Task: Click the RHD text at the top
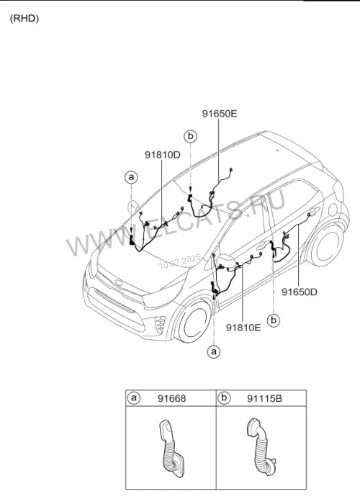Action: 24,18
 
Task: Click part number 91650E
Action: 220,114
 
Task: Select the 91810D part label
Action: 162,155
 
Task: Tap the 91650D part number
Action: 300,292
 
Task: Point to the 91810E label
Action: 243,328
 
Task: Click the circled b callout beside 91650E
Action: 190,136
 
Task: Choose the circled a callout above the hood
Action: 131,177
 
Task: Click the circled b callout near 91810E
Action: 274,320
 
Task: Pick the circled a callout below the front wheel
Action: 214,351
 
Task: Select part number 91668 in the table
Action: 171,399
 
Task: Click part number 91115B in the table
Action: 264,399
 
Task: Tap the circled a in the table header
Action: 134,398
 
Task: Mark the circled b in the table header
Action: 224,398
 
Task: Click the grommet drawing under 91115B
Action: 261,447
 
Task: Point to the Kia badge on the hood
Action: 120,283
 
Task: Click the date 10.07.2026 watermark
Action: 180,261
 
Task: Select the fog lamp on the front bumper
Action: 160,325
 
